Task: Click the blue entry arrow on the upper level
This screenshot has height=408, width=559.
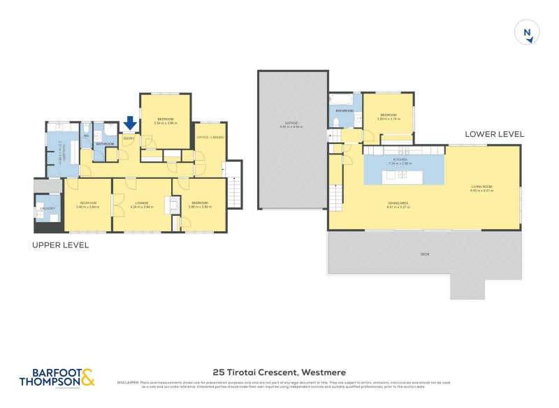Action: point(130,124)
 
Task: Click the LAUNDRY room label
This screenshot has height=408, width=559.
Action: point(48,208)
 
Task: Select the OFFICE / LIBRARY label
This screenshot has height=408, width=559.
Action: point(210,138)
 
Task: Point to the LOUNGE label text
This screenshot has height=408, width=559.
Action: point(142,203)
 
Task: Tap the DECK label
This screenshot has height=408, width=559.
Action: point(424,254)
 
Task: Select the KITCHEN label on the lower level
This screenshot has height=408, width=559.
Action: point(400,160)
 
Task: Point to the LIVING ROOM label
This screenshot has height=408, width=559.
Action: point(482,186)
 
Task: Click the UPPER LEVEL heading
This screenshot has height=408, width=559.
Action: point(60,245)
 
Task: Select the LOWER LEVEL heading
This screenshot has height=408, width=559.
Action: point(495,133)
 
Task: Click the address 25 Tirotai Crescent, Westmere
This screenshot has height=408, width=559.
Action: point(279,372)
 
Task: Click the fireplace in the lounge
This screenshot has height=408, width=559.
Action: point(168,206)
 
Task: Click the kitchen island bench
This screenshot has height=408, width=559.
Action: point(403,175)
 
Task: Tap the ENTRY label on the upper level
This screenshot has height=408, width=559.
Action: point(129,138)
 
